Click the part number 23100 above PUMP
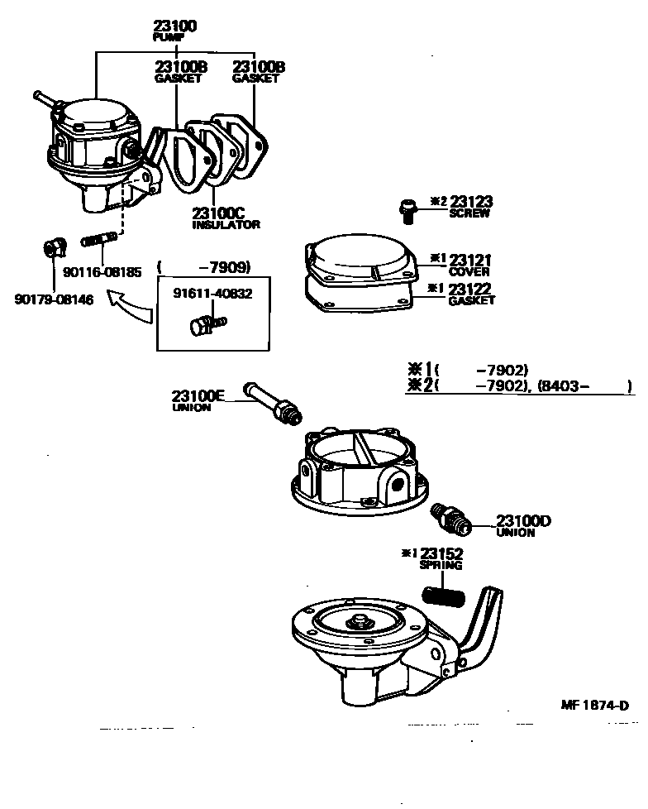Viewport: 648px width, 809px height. (x=175, y=26)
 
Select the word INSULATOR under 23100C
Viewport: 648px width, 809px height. (x=226, y=224)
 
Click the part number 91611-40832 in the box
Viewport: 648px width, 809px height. (x=212, y=293)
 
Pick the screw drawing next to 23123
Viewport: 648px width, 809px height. (x=405, y=210)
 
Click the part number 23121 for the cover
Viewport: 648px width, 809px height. (x=469, y=260)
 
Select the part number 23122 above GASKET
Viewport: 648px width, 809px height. (x=469, y=289)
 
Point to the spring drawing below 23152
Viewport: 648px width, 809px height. (x=445, y=595)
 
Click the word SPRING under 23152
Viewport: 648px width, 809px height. (x=441, y=565)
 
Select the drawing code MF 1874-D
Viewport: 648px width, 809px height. (x=594, y=705)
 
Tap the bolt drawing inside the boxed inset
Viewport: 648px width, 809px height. (x=204, y=324)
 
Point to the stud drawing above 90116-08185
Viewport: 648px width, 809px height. (x=98, y=242)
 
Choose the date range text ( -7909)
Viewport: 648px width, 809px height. (x=202, y=266)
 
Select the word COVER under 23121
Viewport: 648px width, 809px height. (x=469, y=271)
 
